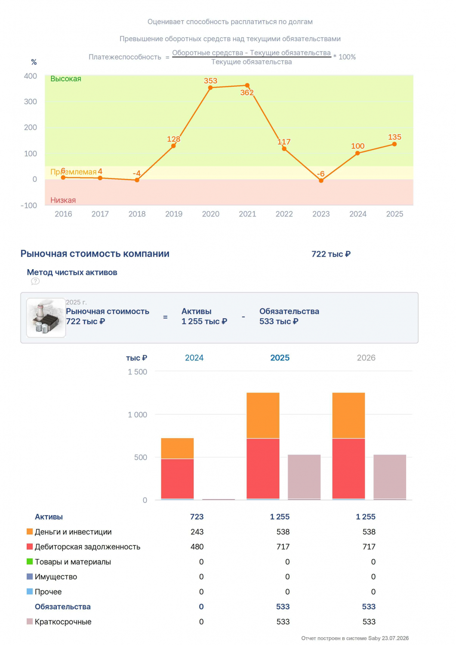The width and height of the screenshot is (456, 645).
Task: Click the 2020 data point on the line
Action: (x=210, y=88)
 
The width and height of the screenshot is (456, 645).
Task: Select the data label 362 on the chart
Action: (x=247, y=93)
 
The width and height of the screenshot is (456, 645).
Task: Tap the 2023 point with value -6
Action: (x=321, y=181)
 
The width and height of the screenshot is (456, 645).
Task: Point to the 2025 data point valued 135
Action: (x=394, y=144)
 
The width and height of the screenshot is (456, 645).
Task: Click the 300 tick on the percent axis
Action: (x=30, y=101)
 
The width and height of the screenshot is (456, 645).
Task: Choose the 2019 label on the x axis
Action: (x=174, y=214)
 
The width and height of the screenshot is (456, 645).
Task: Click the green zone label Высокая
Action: (x=66, y=79)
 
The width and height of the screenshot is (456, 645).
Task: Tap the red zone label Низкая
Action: (x=63, y=200)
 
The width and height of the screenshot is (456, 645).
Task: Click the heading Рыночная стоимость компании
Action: (x=95, y=254)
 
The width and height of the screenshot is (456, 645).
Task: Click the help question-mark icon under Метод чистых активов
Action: (x=35, y=281)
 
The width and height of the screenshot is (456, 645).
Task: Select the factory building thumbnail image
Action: (x=46, y=318)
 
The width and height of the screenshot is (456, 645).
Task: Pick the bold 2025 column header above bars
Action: (x=280, y=358)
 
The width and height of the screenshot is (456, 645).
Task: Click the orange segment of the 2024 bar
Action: (x=177, y=448)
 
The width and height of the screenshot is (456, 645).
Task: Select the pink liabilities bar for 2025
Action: (x=304, y=477)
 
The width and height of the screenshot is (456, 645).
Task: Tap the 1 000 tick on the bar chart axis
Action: (x=137, y=415)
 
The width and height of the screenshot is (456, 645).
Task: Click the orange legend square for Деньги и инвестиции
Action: (x=30, y=531)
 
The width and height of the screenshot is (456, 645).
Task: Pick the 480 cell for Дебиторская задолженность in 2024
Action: (x=197, y=547)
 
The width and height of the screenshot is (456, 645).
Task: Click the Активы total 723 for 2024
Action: (x=197, y=516)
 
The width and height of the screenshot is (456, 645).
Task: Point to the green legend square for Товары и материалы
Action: (x=30, y=561)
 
